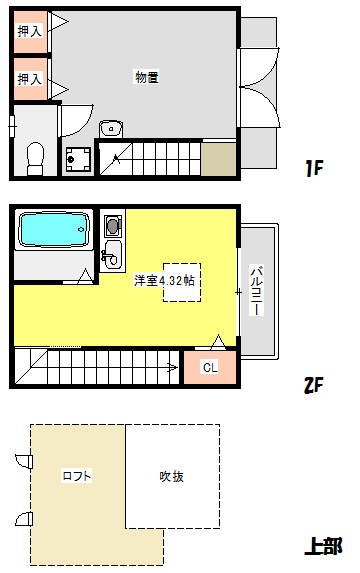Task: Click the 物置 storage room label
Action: point(147,77)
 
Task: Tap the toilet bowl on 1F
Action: point(35,157)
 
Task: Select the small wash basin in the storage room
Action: point(111,128)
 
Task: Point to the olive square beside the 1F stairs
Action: point(219,158)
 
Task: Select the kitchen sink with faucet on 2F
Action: point(112,250)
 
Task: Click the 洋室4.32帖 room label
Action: point(165,281)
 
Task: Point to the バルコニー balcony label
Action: point(257,291)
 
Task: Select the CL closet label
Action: point(210,367)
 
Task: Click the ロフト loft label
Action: point(77,476)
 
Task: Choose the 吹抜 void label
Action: point(171,476)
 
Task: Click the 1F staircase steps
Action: point(150,158)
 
